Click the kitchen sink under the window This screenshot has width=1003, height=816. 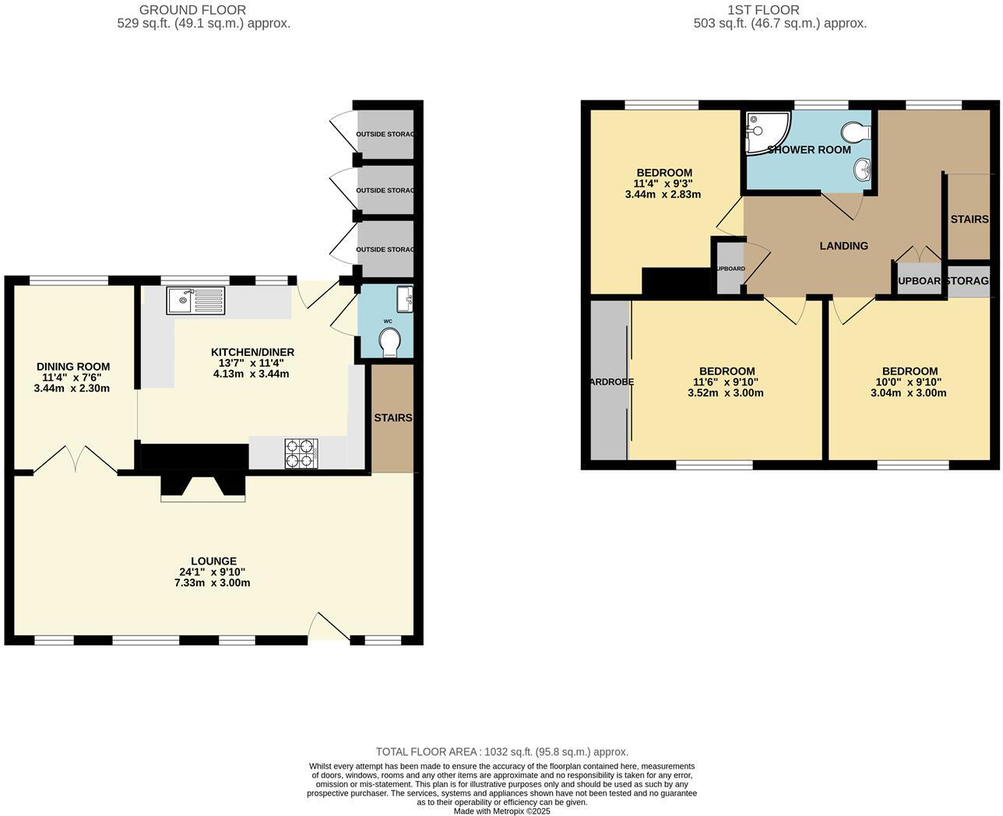click(x=195, y=301)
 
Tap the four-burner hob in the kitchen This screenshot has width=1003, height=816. click(x=302, y=454)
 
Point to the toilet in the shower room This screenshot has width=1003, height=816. click(x=857, y=132)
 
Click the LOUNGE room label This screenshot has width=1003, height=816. click(x=213, y=561)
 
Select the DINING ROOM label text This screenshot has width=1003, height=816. click(x=73, y=366)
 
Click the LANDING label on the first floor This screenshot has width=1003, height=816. click(x=843, y=245)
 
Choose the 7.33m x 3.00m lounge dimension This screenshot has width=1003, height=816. click(x=213, y=582)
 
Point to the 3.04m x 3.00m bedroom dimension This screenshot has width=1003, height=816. click(x=908, y=393)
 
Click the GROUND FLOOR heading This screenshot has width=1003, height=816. click(x=192, y=10)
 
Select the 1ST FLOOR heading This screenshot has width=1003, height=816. click(x=763, y=10)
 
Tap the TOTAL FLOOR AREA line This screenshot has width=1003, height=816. click(x=501, y=752)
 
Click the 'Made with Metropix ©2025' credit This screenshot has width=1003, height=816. click(x=501, y=811)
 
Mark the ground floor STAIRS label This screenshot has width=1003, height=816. click(x=392, y=417)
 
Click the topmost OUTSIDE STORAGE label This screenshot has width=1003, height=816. click(x=385, y=134)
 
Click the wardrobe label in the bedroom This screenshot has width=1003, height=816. click(x=611, y=382)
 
